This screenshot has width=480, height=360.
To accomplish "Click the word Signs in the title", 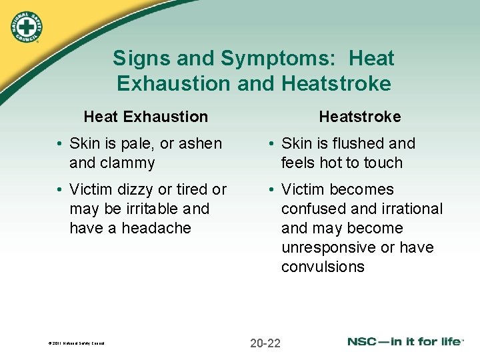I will [137, 59].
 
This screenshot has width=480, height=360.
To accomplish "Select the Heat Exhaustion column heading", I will [145, 117].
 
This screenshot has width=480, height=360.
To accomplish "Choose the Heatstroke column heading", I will [359, 117].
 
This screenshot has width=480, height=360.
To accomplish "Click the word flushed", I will [361, 143].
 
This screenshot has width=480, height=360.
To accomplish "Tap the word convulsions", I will [323, 267].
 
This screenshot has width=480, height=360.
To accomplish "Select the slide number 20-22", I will [265, 343].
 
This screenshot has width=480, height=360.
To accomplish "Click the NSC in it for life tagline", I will [405, 341].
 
